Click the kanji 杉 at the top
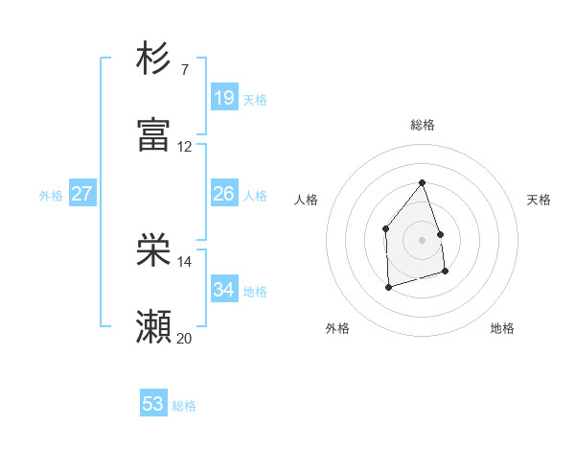(153, 59)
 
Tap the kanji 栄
(153, 250)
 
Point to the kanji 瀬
(153, 326)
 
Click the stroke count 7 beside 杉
(185, 70)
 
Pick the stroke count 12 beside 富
(184, 147)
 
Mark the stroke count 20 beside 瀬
(184, 338)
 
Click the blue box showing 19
(223, 97)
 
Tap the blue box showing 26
(223, 194)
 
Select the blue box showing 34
(223, 290)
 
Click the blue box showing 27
(81, 194)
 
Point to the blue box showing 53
(153, 404)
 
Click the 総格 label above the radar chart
(423, 125)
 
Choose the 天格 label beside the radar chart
(539, 200)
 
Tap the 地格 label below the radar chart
(502, 328)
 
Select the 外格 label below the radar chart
(337, 328)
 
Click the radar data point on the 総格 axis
(422, 182)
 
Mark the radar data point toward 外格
(388, 286)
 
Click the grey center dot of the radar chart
(422, 240)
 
